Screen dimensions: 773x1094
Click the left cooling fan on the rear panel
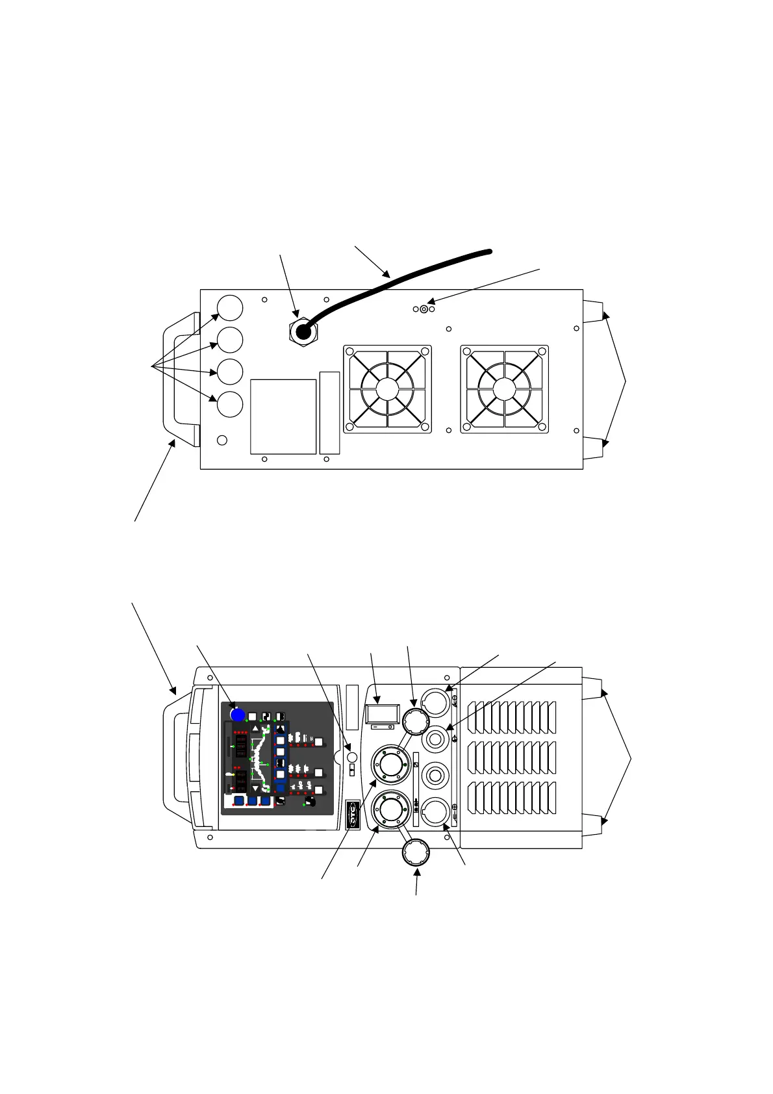tap(386, 388)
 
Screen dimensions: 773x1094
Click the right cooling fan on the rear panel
tap(504, 388)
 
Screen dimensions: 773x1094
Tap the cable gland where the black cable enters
tap(303, 332)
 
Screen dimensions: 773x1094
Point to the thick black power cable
tap(403, 279)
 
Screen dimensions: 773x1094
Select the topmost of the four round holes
tap(229, 308)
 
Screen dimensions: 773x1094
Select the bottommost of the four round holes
tap(229, 403)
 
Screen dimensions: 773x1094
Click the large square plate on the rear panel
tap(283, 416)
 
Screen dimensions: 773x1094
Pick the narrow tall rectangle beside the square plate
tap(329, 413)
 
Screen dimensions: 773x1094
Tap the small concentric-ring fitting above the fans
tap(424, 309)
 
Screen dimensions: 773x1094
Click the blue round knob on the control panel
tap(238, 715)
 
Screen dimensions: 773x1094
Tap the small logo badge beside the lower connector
tap(353, 815)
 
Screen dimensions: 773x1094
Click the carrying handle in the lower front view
tap(177, 757)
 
